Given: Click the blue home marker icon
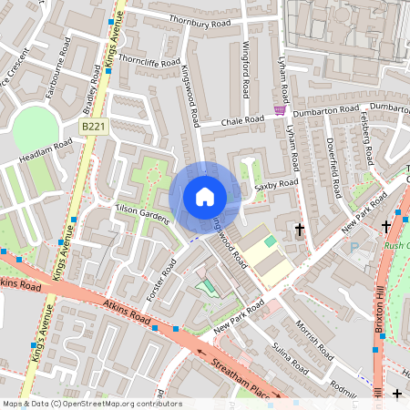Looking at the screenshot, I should point(204,196).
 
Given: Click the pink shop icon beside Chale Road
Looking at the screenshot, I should point(280,110).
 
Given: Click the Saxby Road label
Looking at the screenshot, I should point(276,185).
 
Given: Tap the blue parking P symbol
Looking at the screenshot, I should point(354,247).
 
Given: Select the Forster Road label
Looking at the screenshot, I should point(160,282).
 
